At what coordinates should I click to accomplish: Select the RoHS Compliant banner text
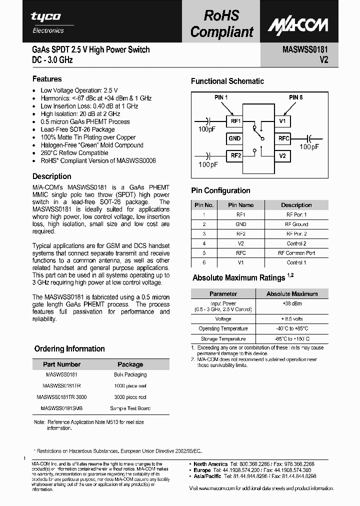click(x=222, y=23)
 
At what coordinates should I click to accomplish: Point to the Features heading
click(x=47, y=79)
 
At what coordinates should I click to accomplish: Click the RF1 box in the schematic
click(x=235, y=121)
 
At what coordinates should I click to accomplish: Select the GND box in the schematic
click(x=234, y=138)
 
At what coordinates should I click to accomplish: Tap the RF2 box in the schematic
click(x=235, y=156)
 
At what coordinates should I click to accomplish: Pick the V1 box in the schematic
click(x=282, y=121)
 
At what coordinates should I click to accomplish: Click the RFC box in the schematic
click(x=283, y=138)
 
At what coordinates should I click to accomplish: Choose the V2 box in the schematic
click(x=282, y=156)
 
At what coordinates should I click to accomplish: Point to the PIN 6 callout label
click(x=295, y=97)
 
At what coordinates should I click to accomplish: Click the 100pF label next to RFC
click(x=308, y=147)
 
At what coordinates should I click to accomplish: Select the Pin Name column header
click(x=240, y=205)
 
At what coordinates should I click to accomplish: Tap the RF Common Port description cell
click(x=296, y=253)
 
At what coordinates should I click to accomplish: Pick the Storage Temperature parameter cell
click(x=223, y=339)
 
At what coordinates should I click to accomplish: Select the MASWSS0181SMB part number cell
click(x=61, y=408)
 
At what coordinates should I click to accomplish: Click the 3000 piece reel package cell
click(x=130, y=397)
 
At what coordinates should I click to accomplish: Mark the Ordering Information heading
click(x=69, y=349)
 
